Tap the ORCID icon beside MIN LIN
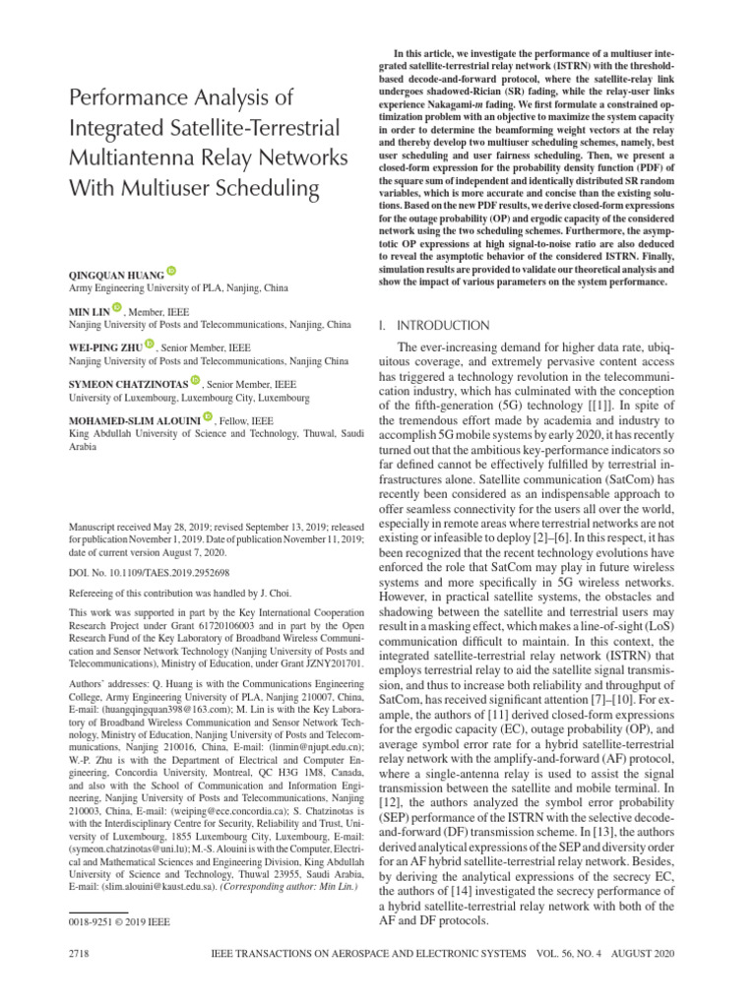click(x=117, y=308)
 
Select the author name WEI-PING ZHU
click(x=104, y=346)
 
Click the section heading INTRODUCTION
click(x=441, y=325)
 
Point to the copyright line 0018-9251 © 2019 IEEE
click(x=120, y=923)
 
